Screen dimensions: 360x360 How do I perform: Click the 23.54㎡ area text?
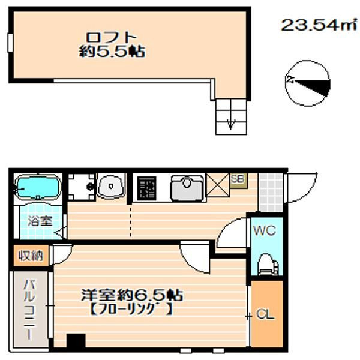tap(319, 25)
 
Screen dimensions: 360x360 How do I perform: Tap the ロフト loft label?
tap(112, 37)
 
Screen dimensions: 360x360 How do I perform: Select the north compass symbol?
tap(307, 83)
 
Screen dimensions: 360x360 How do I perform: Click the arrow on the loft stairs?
tap(231, 124)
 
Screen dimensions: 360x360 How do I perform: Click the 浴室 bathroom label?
tap(40, 221)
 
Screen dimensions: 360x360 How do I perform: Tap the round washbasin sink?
tap(111, 186)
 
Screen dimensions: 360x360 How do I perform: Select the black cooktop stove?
tap(147, 188)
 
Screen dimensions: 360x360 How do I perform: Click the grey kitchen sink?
tap(187, 188)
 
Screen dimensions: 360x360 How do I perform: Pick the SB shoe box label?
tap(238, 179)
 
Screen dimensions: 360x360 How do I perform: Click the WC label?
tap(265, 230)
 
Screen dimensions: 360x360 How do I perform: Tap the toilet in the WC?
tap(268, 264)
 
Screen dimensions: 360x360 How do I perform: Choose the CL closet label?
tap(265, 314)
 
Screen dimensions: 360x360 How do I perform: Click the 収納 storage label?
tap(31, 256)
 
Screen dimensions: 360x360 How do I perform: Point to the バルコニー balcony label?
tap(29, 309)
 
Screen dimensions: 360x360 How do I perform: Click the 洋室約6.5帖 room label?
tap(132, 295)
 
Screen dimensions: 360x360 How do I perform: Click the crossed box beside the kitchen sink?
tap(218, 185)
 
